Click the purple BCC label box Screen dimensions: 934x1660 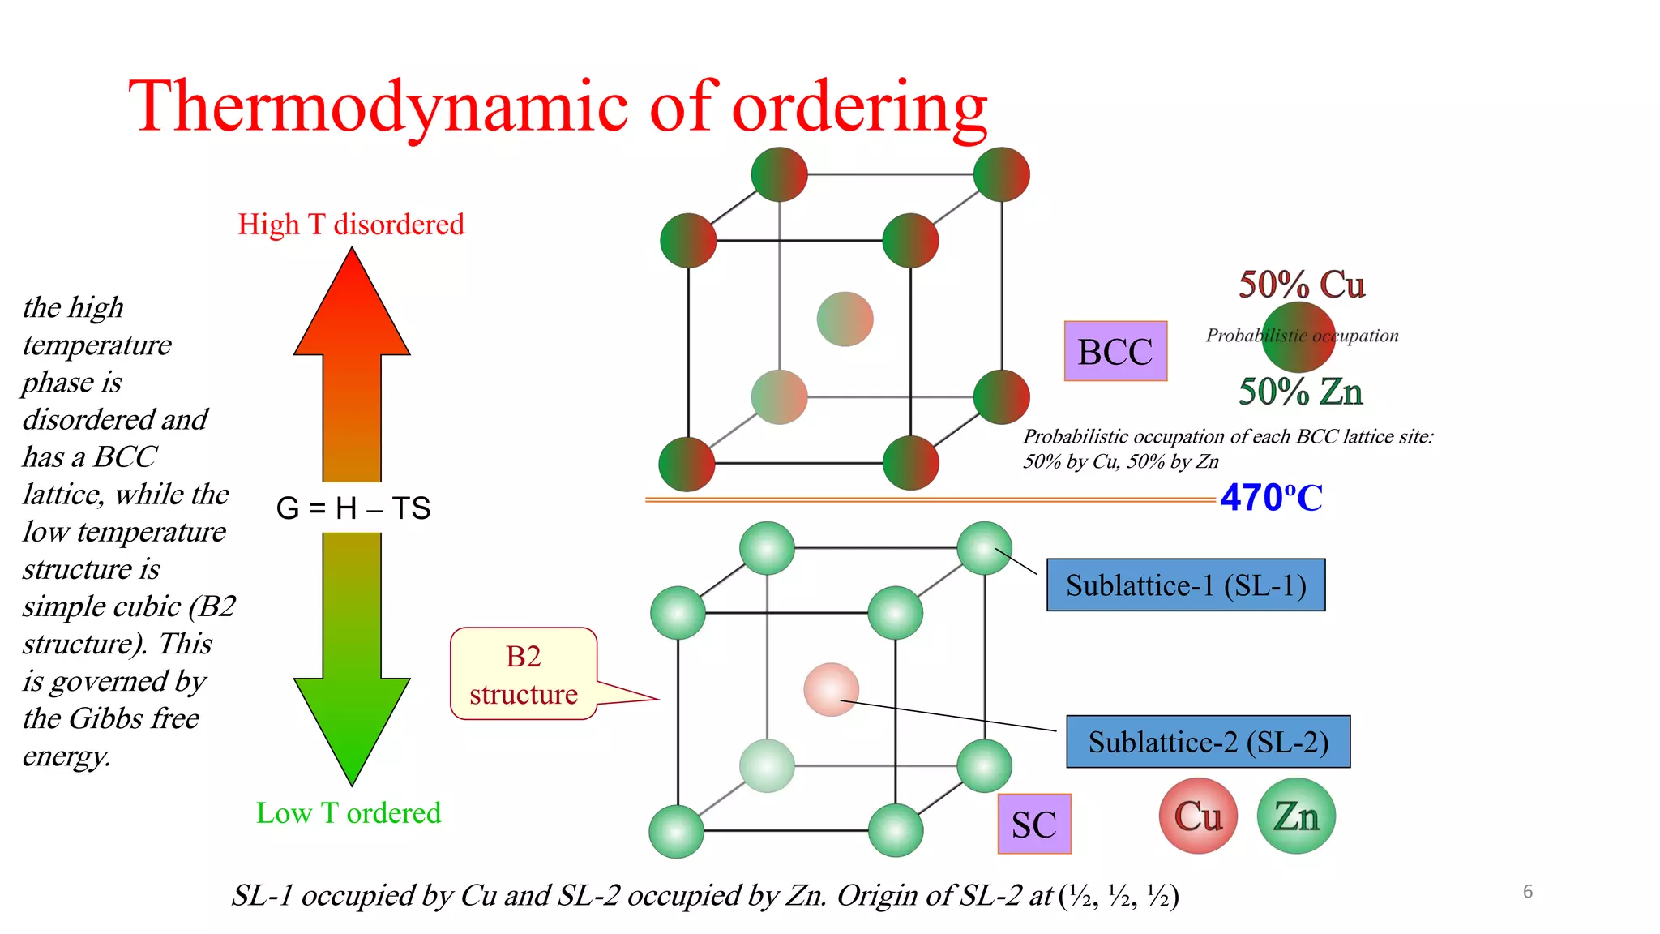click(x=1115, y=351)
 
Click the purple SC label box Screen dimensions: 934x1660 click(x=1034, y=824)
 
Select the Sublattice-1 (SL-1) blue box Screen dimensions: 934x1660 click(x=1186, y=585)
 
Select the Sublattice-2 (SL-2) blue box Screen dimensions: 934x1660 click(x=1208, y=742)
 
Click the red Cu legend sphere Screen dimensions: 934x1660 click(x=1198, y=816)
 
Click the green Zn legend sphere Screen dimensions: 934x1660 click(x=1296, y=816)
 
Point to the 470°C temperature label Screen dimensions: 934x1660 click(x=1271, y=498)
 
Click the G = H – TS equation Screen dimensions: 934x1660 click(x=353, y=508)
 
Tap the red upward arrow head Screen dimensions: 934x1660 click(x=352, y=308)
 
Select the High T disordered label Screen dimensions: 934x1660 click(x=351, y=225)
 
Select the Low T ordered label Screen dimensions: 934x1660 click(x=349, y=813)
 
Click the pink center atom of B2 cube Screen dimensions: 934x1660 click(x=831, y=690)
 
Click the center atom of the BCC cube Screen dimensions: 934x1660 click(x=845, y=319)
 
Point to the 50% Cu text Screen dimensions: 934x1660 click(x=1302, y=285)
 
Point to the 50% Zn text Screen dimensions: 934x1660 click(x=1300, y=392)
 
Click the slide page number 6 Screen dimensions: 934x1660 click(x=1528, y=892)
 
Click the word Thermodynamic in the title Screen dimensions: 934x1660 click(x=378, y=106)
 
